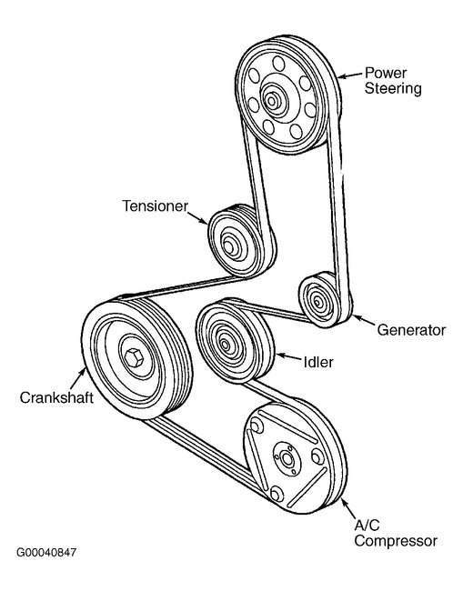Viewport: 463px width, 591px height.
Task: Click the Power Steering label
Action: (393, 80)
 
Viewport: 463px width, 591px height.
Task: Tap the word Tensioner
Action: (155, 205)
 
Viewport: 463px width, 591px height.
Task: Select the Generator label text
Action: (411, 330)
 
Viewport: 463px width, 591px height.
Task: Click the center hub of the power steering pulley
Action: (273, 97)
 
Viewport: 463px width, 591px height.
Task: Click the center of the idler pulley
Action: (224, 342)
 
